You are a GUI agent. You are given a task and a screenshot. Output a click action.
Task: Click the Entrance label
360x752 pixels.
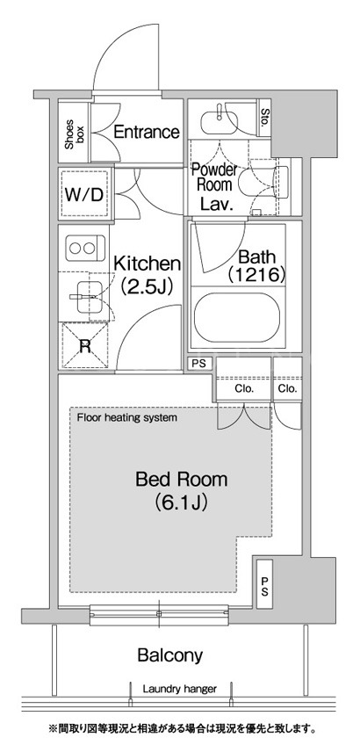point(147,132)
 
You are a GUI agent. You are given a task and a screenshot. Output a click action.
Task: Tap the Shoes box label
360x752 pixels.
point(75,132)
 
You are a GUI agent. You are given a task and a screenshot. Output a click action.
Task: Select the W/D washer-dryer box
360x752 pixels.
point(84,194)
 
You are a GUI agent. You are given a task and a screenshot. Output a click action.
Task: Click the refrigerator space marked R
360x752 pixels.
point(84,345)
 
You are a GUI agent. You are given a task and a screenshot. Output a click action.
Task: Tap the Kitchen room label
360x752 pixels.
point(147,264)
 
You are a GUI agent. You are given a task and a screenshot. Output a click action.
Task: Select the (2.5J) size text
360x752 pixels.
point(147,286)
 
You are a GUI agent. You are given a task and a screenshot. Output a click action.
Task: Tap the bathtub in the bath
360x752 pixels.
point(237,318)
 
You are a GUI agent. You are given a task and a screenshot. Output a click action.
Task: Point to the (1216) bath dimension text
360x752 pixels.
point(257,274)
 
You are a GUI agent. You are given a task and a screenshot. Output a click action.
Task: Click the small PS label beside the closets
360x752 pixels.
point(198,364)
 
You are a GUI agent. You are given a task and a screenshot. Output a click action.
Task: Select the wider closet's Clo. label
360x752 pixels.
point(243,388)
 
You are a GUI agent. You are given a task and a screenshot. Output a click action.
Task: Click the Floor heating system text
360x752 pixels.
point(127,417)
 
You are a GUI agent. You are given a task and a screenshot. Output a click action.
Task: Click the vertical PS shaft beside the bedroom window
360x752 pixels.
point(264,584)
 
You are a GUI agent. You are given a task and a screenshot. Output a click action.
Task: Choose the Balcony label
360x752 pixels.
point(170,655)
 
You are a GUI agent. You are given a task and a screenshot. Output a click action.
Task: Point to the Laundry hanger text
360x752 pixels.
point(180,689)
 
